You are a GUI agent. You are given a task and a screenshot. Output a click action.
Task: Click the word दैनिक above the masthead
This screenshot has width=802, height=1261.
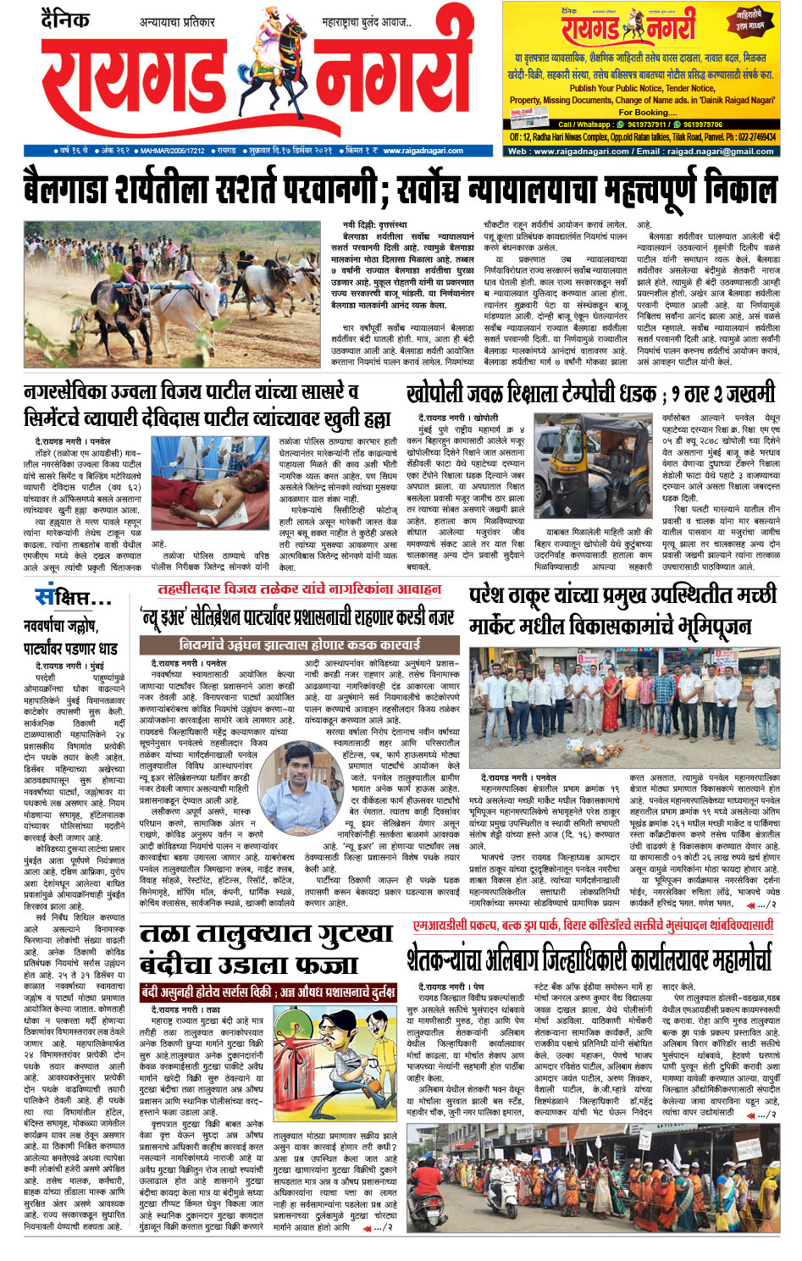click(64, 19)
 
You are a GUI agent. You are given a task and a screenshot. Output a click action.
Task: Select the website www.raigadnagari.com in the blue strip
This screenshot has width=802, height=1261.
click(423, 151)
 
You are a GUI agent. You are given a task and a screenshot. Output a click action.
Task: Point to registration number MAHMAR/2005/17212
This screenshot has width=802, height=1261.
click(173, 151)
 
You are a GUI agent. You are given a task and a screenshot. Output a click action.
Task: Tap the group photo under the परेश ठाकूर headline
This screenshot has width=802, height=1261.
click(624, 706)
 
